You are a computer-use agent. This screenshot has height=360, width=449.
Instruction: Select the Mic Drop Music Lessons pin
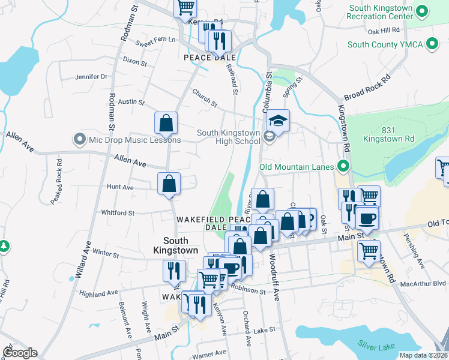[79, 140]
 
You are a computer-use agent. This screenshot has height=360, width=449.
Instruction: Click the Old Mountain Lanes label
[297, 166]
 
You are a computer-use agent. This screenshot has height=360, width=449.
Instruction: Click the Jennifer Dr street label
[91, 77]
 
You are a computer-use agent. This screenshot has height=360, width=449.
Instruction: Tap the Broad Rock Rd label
[367, 88]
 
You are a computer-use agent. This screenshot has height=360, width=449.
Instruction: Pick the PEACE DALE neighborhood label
[206, 58]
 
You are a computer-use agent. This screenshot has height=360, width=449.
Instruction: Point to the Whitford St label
[118, 212]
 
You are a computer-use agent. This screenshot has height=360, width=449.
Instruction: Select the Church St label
[205, 98]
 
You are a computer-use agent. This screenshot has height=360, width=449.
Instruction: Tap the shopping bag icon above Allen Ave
[166, 123]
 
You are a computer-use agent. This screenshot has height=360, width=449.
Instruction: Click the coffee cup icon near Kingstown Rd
[367, 218]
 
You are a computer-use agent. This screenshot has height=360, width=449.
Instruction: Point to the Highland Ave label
[99, 293]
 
